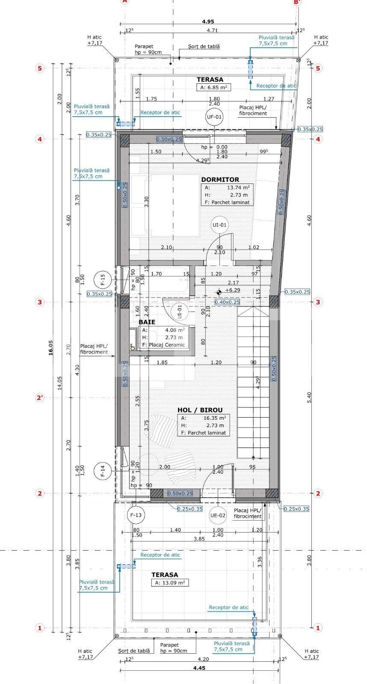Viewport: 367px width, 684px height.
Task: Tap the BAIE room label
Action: pos(147,322)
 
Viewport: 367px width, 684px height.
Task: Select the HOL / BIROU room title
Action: pos(200,410)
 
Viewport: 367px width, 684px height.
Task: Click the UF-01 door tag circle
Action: pos(214,117)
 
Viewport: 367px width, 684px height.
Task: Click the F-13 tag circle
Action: pos(136,515)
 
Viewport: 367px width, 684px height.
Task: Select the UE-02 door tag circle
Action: pos(217,515)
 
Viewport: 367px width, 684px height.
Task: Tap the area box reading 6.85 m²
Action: pos(213,88)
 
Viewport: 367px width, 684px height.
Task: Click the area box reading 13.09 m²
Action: pos(169,583)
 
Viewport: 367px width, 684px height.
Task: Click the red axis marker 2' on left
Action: pos(40,398)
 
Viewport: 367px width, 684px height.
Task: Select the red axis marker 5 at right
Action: pos(318,68)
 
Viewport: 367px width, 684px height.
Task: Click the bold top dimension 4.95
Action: pos(208,21)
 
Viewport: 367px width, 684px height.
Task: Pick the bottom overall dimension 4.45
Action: pos(199,668)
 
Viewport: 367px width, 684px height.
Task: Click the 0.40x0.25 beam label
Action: pos(227,302)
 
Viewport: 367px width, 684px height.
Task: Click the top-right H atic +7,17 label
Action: pos(321,40)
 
